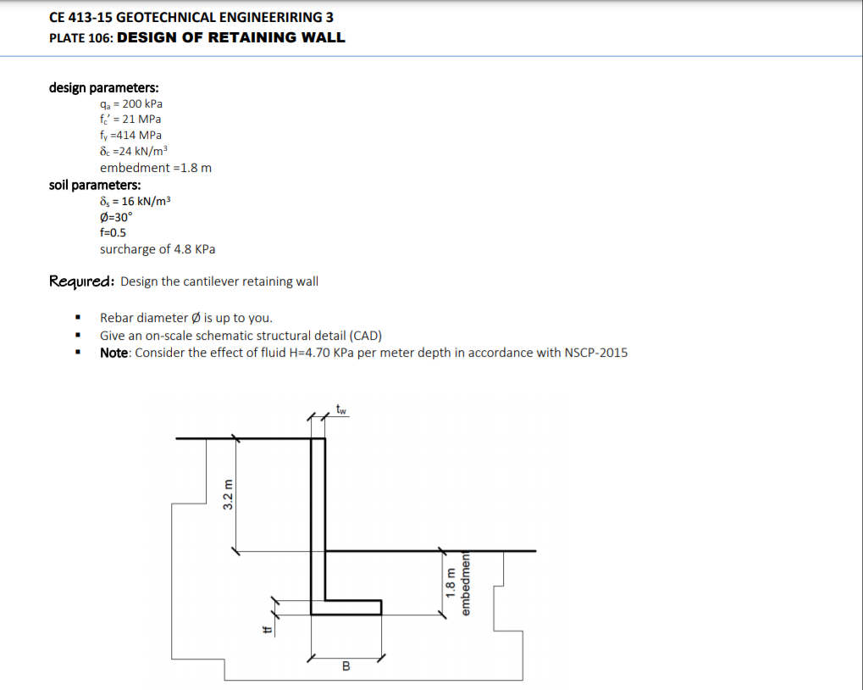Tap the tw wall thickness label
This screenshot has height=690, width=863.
tap(341, 411)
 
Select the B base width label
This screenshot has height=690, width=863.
tap(346, 666)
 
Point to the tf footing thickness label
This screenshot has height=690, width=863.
tap(266, 628)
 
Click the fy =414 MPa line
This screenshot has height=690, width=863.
tap(130, 135)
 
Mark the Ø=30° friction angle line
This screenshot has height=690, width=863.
tap(116, 216)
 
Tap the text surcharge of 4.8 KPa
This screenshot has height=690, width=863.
tap(158, 249)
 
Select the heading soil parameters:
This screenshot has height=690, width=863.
tap(95, 185)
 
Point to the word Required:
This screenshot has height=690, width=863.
tap(82, 281)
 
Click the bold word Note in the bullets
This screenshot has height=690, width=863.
tap(114, 352)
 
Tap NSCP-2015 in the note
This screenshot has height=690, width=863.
tap(595, 352)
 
